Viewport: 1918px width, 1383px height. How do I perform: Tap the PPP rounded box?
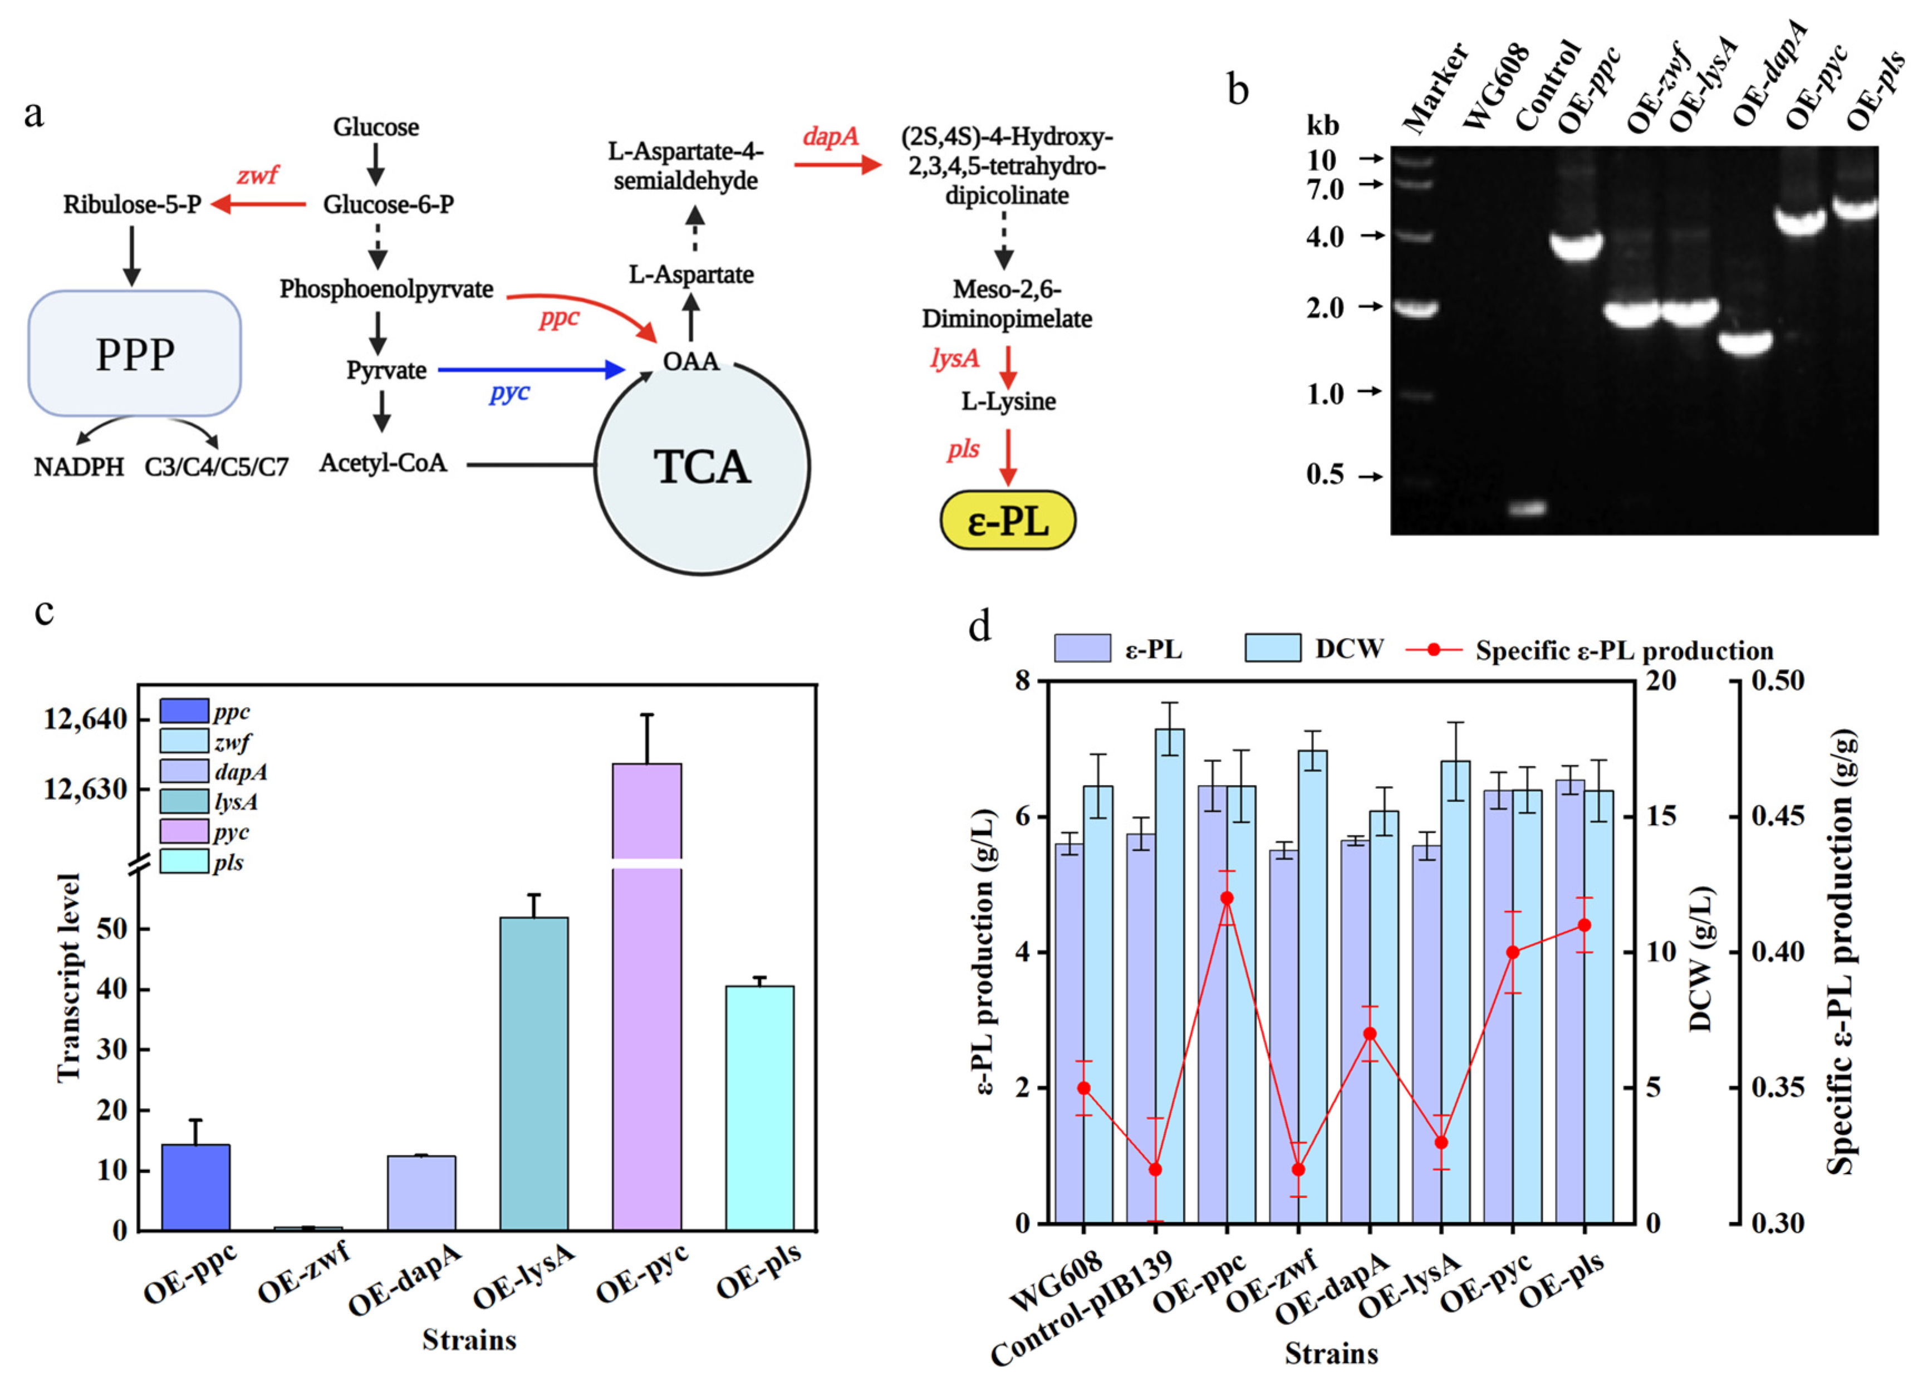(135, 354)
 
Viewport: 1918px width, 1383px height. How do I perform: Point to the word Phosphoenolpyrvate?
(386, 290)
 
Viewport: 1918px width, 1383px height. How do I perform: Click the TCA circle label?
(702, 467)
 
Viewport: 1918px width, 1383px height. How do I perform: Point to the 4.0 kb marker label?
(1325, 237)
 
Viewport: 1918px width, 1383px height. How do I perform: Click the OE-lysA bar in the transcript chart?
(533, 1073)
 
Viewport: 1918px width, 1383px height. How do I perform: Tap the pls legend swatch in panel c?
(184, 862)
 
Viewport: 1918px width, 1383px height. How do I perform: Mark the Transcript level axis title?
(68, 977)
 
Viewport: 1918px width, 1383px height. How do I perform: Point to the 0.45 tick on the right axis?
(1777, 816)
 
